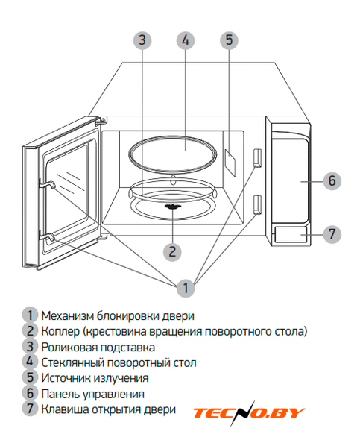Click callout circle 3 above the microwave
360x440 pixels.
pos(142,40)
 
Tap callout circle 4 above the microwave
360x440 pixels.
pos(186,40)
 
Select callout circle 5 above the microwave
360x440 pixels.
pos(229,40)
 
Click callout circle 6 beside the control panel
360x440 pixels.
pos(332,181)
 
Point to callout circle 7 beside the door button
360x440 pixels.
pos(332,234)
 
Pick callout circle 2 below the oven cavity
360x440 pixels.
pos(172,252)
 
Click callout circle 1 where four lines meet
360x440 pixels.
pos(186,288)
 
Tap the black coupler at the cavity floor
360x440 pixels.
pos(173,207)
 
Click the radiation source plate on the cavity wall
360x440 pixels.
pos(230,163)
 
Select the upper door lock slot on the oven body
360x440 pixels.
pos(257,158)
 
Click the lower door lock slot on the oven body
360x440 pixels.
pos(257,205)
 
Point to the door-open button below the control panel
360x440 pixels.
pos(291,234)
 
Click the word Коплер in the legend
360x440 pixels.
pos(60,332)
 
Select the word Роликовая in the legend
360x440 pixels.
pos(69,348)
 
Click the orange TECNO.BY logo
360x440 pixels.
pos(249,413)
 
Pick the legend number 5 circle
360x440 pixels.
pos(30,377)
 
